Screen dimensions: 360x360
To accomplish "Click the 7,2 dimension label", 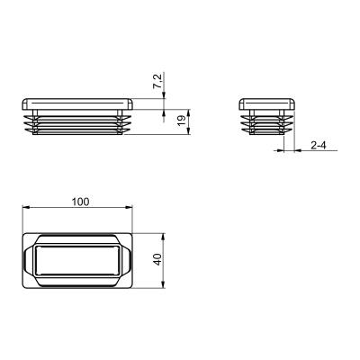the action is (x=158, y=81).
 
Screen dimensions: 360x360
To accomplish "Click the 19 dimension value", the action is (x=181, y=121).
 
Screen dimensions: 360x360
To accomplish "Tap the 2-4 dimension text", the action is (x=319, y=146).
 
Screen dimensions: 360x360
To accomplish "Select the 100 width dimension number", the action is (x=80, y=202).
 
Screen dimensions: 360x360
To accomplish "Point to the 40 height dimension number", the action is (x=157, y=259).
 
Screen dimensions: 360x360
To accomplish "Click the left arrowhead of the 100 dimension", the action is (x=27, y=207).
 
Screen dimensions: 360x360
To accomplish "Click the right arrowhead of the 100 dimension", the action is (x=129, y=207).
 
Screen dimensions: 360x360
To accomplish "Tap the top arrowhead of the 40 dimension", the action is (x=164, y=238).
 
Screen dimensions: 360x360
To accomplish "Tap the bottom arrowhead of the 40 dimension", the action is (x=164, y=284).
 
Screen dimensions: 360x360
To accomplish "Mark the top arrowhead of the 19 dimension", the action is (x=188, y=113).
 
